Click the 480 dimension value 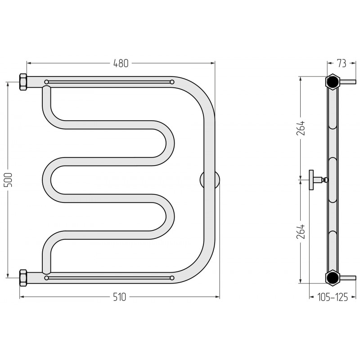click(x=121, y=63)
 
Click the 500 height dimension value click(x=8, y=180)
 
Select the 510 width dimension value click(x=120, y=297)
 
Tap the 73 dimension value click(x=342, y=63)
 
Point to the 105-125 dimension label click(x=333, y=297)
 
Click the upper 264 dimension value click(x=301, y=128)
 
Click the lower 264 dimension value click(x=301, y=231)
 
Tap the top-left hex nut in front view click(x=23, y=82)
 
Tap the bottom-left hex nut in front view click(x=23, y=278)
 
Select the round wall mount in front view click(x=210, y=180)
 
